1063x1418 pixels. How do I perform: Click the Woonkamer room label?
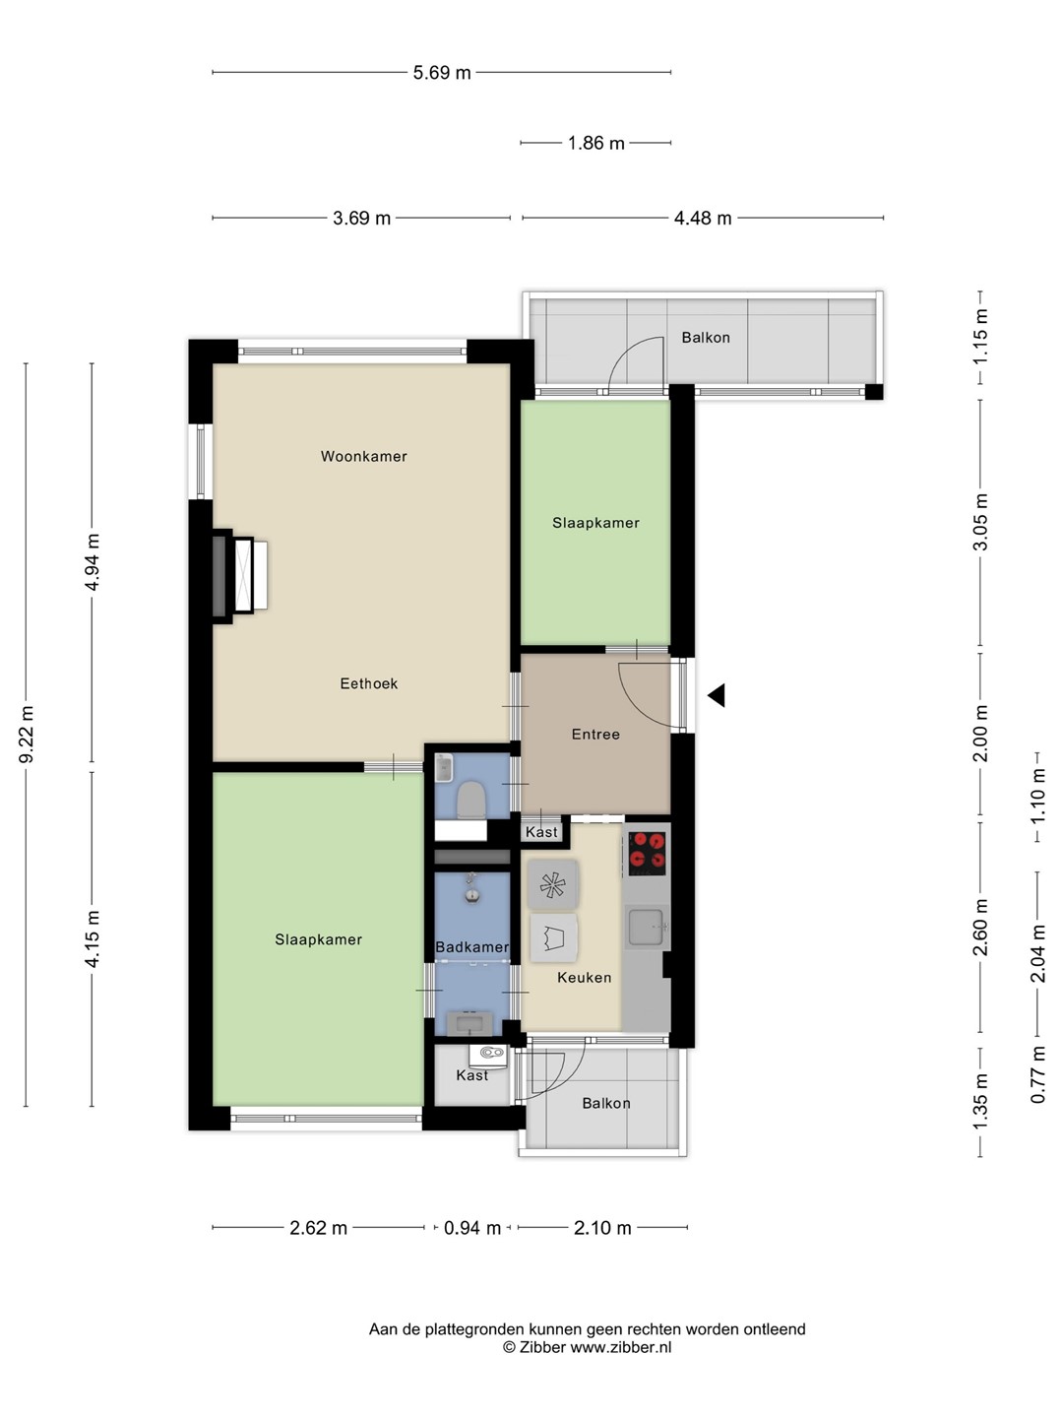coord(363,456)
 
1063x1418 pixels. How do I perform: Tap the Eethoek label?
coord(368,682)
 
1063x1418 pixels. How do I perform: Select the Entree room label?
coord(595,734)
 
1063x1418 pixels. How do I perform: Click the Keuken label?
coord(584,978)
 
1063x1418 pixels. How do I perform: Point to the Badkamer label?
coord(471,947)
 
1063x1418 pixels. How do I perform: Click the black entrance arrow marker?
coord(716,695)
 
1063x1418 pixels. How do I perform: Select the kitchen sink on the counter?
coord(646,927)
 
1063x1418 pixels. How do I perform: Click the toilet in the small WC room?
coord(471,801)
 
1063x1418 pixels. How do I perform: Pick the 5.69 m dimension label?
coord(442,72)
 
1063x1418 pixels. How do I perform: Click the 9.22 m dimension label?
coord(27,735)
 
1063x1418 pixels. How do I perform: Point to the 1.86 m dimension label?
coord(595,143)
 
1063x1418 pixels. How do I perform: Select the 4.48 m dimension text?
coord(702,219)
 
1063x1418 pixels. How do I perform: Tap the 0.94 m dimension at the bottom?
coord(471,1228)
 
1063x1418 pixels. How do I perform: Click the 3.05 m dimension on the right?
coord(980,521)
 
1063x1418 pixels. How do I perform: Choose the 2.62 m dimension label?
coord(318,1228)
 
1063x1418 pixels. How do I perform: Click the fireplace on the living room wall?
coord(239,576)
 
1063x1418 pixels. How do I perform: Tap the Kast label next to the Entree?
coord(541,832)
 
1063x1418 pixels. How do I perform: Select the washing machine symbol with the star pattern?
coord(552,884)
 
